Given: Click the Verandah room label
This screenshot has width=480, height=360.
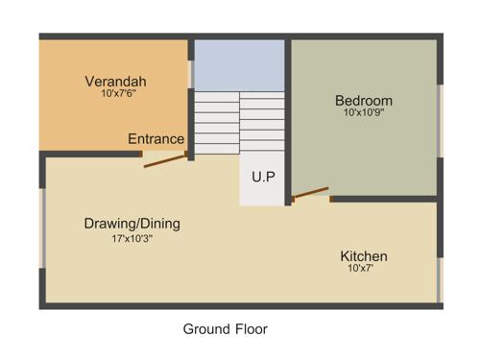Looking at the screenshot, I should click(115, 82).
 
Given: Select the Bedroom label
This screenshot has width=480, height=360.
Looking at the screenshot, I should click(363, 101).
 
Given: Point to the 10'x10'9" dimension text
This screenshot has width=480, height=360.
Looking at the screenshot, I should click(363, 113).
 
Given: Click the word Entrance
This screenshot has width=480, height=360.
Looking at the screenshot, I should click(156, 139).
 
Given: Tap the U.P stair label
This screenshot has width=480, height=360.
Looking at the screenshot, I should click(263, 178).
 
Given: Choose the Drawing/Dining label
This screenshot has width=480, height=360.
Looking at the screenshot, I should click(132, 224).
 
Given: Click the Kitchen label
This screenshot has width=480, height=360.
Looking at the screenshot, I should click(364, 256).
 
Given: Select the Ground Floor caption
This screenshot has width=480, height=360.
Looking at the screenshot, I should click(225, 329).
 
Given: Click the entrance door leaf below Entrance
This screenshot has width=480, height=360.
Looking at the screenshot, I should click(165, 159).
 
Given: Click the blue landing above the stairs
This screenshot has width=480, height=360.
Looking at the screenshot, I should click(239, 64).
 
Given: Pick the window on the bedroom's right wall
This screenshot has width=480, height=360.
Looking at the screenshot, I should click(440, 120).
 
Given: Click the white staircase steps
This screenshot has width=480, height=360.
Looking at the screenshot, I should click(238, 120).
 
